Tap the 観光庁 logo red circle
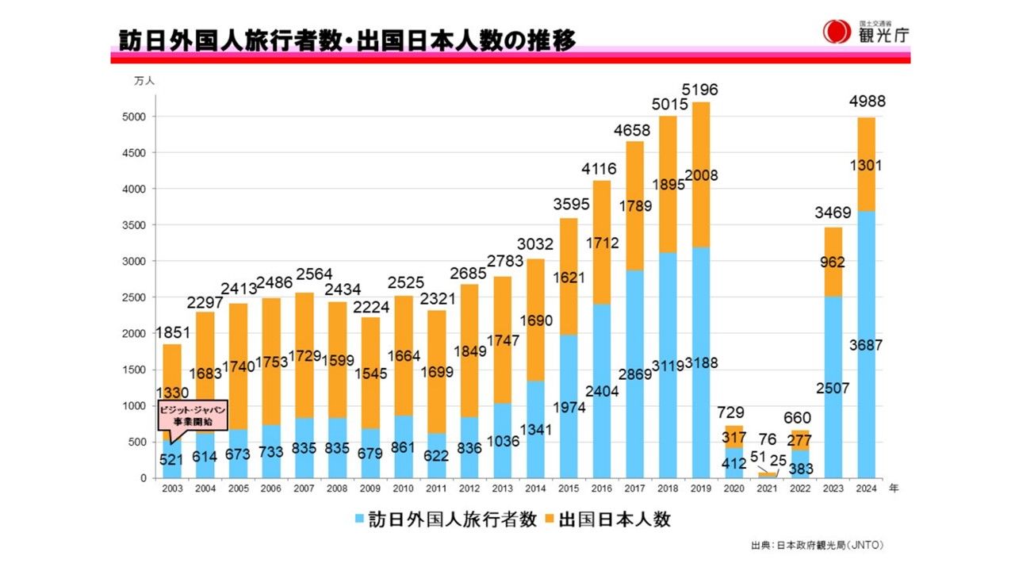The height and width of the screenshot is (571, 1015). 836,32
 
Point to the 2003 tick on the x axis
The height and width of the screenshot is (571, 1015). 172,489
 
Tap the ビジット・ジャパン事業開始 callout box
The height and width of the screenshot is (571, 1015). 193,415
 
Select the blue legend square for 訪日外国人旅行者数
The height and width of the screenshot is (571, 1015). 360,520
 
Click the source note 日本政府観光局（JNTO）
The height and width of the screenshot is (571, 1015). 818,546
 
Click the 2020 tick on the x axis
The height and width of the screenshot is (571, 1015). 733,489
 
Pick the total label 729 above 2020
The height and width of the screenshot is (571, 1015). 733,412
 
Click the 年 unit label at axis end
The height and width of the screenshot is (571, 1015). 894,489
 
